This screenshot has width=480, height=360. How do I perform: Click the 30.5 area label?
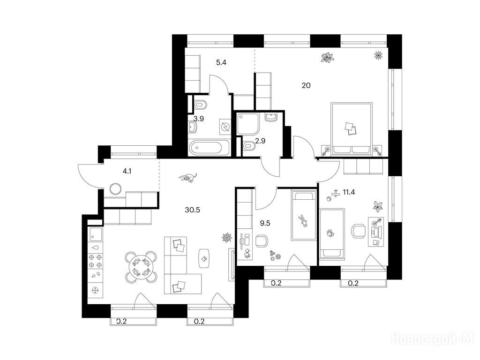coord(192,210)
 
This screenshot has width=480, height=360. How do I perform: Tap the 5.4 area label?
coord(221,63)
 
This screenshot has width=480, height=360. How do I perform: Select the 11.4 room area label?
coord(349,192)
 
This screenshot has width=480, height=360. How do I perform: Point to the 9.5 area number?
coord(265,223)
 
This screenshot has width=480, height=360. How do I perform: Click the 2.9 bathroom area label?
coord(260,141)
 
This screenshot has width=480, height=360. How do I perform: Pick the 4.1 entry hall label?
coord(127,172)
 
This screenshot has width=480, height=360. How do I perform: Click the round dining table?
coord(141,267)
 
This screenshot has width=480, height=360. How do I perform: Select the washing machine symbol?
coord(225,127)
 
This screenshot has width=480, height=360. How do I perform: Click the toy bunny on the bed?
coord(303,220)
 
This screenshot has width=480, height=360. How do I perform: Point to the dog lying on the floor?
coord(188,178)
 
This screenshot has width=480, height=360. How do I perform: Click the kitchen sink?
coord(95,234)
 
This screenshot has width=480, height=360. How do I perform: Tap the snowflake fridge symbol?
coord(96,290)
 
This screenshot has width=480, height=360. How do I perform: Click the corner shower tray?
coord(248,124)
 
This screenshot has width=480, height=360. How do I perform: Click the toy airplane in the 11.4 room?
coord(336,194)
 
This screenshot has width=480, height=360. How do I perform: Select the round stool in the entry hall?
coord(116,189)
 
